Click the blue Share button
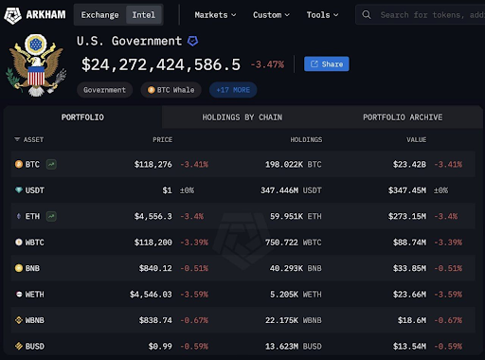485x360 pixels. click(x=326, y=64)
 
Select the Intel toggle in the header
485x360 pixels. click(x=144, y=15)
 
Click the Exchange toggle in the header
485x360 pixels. click(x=99, y=15)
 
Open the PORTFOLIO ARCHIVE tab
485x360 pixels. click(x=402, y=117)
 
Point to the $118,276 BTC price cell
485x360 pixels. click(x=153, y=164)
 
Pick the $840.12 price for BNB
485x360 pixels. click(x=154, y=269)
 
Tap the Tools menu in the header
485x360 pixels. click(x=323, y=15)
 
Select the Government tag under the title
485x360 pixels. click(x=104, y=90)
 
